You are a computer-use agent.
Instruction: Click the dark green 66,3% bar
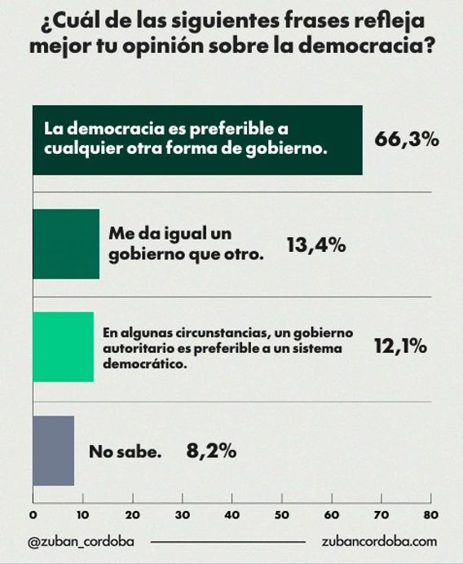(x=197, y=140)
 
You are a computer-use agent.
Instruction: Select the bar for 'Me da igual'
(x=66, y=244)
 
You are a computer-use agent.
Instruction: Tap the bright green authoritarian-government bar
(x=64, y=347)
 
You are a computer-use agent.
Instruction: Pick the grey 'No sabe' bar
(x=54, y=451)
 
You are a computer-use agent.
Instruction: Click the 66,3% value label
(x=407, y=139)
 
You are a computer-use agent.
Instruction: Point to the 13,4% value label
(x=316, y=245)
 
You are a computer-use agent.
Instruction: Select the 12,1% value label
(x=401, y=346)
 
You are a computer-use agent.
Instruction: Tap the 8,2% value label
(x=212, y=451)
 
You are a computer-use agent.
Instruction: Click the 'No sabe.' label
(x=126, y=452)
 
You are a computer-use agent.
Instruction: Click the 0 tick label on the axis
(x=33, y=515)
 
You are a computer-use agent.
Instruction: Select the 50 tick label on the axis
(x=282, y=515)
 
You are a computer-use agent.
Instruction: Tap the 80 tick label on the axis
(x=431, y=515)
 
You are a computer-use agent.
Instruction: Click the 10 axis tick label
(x=83, y=515)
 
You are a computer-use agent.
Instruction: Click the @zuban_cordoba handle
(x=81, y=542)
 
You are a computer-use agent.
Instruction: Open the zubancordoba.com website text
(x=380, y=541)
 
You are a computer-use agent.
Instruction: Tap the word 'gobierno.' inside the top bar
(x=286, y=149)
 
